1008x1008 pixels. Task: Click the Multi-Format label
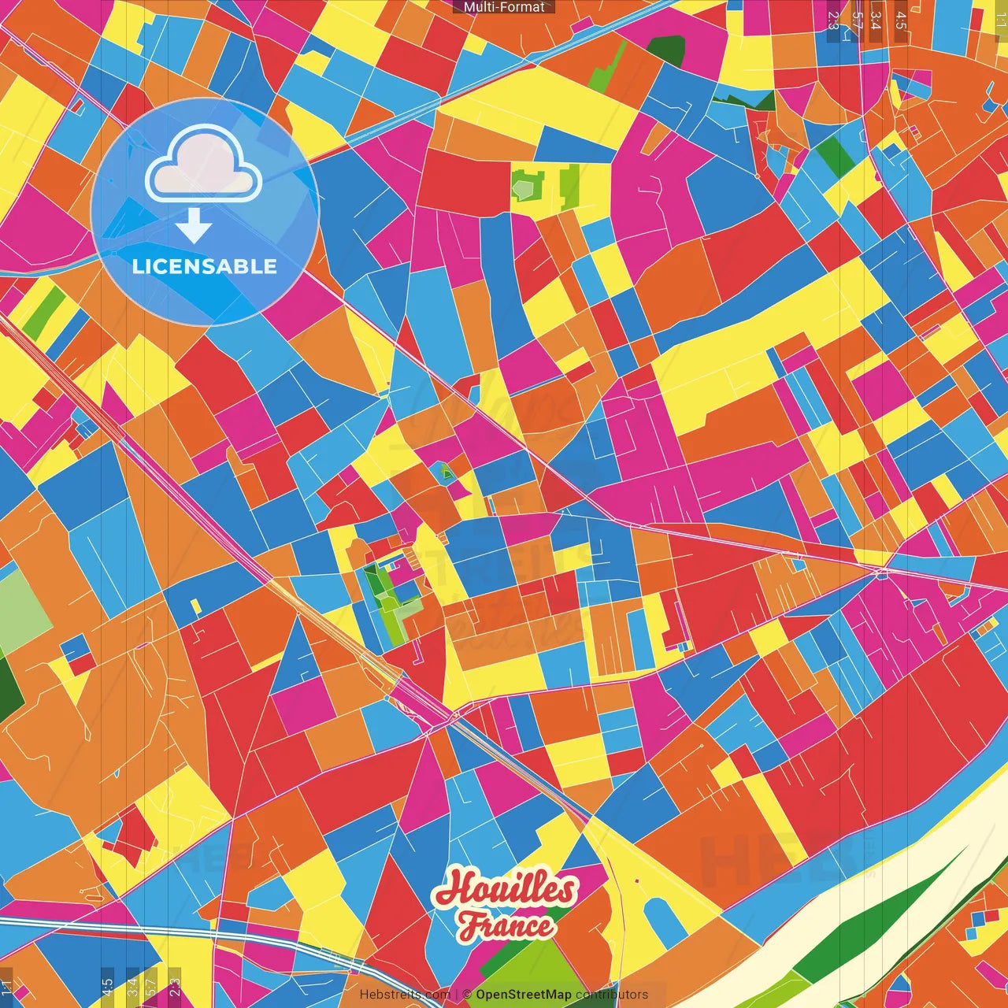point(504,7)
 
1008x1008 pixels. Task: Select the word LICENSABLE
point(205,266)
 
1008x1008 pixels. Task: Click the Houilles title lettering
point(505,889)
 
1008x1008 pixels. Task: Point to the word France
point(506,926)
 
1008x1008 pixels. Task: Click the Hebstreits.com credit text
point(405,995)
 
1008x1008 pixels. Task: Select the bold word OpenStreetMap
point(524,995)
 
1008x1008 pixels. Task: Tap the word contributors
point(612,995)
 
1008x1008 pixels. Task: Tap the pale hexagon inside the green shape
point(523,187)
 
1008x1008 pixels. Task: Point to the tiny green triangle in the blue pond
point(446,473)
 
